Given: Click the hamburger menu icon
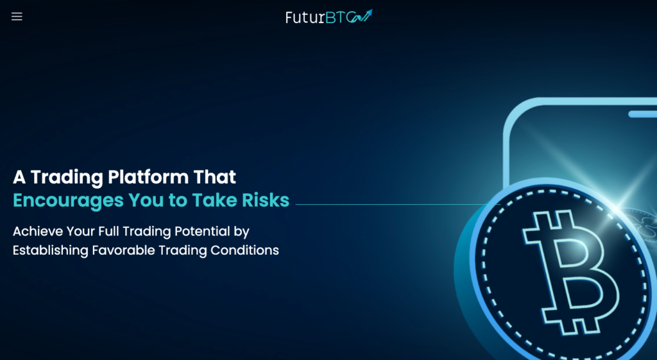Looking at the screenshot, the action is coord(17,16).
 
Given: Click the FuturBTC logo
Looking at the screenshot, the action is coord(329,16).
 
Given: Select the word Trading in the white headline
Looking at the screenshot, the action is coord(67,178).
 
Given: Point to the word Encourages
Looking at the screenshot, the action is coord(68,201).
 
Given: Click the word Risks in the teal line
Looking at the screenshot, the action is coord(266,200).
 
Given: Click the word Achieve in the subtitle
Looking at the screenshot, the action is coord(38,232).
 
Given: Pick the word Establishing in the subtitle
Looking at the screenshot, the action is coord(50,251).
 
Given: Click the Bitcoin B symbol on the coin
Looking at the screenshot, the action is coord(570,273).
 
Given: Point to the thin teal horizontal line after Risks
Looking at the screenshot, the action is coord(398,205).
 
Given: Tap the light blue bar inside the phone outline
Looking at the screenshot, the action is coord(643,114).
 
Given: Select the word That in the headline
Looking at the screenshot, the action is coord(214,177).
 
